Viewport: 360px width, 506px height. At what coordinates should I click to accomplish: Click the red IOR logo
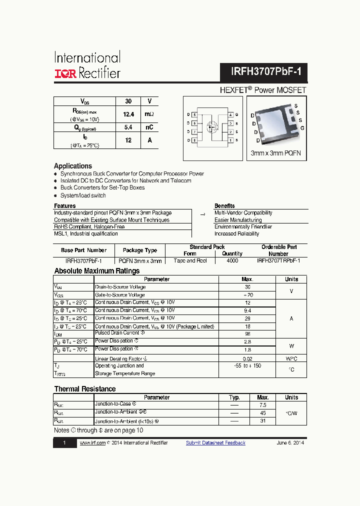click(x=65, y=73)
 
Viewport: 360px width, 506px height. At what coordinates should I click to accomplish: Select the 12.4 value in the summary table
click(x=128, y=114)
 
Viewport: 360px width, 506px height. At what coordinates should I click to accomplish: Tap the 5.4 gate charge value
click(x=128, y=127)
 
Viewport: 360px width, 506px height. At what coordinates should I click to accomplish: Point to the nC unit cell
click(x=149, y=127)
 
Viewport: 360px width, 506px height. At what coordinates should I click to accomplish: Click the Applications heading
click(x=73, y=166)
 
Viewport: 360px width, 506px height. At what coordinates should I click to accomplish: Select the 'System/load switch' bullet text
click(x=83, y=195)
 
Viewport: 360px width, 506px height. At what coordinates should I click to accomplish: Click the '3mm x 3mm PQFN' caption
click(x=275, y=154)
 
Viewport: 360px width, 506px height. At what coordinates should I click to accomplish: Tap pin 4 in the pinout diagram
click(x=230, y=115)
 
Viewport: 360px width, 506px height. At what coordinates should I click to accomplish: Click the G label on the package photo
click(x=302, y=128)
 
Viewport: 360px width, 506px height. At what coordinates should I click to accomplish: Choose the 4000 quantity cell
click(x=232, y=260)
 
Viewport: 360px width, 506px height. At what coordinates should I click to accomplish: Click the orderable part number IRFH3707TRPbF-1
click(x=278, y=260)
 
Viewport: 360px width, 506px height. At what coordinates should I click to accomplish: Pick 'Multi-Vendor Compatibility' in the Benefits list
click(x=243, y=213)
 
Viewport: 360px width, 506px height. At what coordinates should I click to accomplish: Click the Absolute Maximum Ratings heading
click(x=97, y=271)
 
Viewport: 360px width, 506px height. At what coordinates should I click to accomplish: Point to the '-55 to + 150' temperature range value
click(x=247, y=365)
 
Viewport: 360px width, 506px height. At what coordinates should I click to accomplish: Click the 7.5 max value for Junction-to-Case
click(x=263, y=405)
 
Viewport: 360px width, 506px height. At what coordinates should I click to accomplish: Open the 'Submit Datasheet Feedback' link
click(x=215, y=443)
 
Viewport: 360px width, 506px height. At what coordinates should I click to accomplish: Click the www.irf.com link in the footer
click(x=92, y=443)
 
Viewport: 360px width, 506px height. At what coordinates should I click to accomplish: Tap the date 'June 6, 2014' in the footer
click(x=290, y=443)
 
